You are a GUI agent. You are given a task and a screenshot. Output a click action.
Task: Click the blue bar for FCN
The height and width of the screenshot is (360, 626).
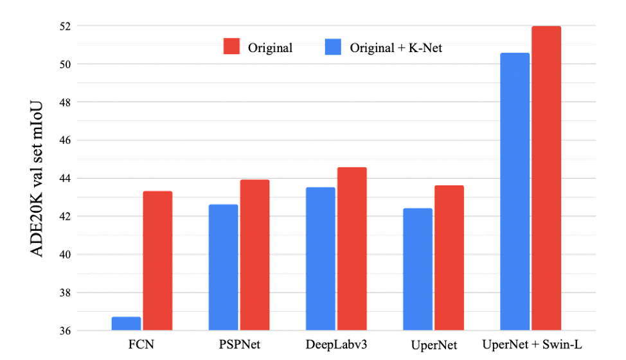(126, 323)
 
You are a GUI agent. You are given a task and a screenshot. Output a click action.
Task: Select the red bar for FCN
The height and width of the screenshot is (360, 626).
(157, 261)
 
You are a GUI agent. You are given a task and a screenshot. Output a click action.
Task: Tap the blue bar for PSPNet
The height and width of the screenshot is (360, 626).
(224, 267)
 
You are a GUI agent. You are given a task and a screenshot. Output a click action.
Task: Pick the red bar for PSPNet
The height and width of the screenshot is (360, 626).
(255, 255)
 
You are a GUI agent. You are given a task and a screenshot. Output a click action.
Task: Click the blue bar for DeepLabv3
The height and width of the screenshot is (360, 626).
(321, 259)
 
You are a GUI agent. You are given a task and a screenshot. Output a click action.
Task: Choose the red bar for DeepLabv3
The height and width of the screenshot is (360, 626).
(352, 249)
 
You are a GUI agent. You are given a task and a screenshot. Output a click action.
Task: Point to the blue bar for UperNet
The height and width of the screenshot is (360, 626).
(418, 269)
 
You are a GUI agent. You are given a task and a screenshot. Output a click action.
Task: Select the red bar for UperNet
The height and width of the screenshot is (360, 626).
(449, 258)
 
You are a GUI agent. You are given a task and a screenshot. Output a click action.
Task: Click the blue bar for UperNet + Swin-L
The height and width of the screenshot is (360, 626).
(515, 192)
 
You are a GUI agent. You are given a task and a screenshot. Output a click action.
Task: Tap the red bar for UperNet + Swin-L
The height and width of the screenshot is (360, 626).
(546, 178)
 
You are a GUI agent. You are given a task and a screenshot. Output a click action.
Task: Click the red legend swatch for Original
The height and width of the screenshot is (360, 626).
(231, 47)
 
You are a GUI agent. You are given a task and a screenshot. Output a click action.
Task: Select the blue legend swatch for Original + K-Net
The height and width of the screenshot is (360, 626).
(334, 47)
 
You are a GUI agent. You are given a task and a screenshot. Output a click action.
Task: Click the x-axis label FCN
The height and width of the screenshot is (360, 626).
(141, 345)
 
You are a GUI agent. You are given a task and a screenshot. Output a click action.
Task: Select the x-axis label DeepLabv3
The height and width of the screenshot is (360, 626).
(337, 345)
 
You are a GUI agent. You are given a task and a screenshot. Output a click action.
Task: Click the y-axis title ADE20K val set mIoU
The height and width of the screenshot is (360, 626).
(37, 179)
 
